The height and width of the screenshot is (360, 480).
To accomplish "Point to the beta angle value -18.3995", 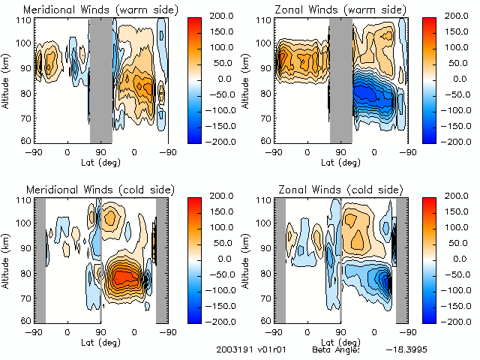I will [406, 349].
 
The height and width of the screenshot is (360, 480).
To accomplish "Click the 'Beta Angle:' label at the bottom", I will [336, 349].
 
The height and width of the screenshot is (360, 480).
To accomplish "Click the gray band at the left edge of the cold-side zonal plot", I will [279, 259].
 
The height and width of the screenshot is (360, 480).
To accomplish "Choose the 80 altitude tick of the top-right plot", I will [268, 93].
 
